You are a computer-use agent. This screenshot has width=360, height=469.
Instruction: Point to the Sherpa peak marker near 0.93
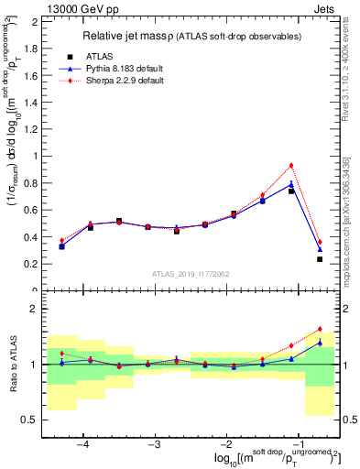point(291,165)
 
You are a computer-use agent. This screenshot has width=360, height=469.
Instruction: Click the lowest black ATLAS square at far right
point(320,259)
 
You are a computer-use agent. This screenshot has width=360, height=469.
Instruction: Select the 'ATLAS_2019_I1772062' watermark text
point(190,274)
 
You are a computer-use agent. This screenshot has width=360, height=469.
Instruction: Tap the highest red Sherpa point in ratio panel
point(320,329)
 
